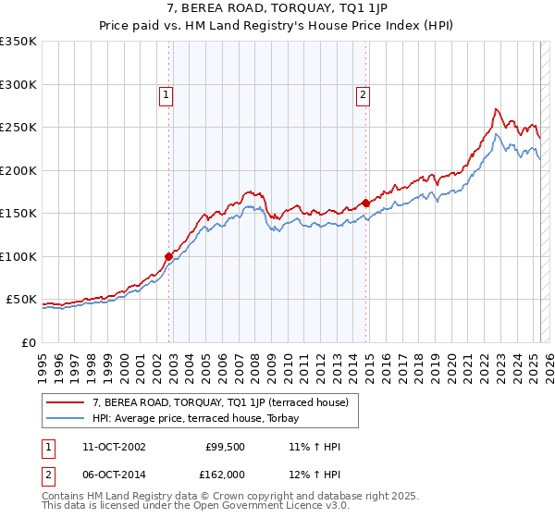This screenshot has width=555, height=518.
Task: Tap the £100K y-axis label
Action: pos(18,256)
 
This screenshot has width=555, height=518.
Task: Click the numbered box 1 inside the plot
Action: pos(166,93)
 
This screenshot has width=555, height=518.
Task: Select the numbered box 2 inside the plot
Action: pos(363,93)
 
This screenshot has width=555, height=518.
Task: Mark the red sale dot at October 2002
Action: pos(169,256)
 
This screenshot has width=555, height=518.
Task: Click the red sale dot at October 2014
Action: pos(365,203)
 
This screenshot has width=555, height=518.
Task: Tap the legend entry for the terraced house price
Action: pos(219,402)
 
